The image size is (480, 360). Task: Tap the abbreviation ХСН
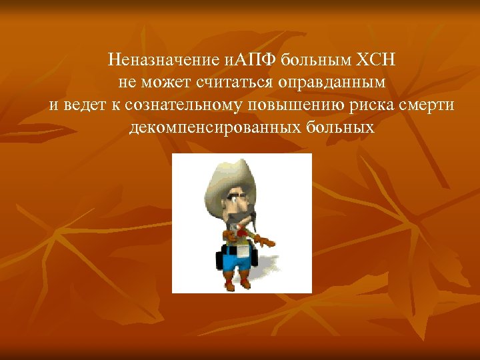click(377, 61)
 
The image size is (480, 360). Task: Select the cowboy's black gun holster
click(221, 257)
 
